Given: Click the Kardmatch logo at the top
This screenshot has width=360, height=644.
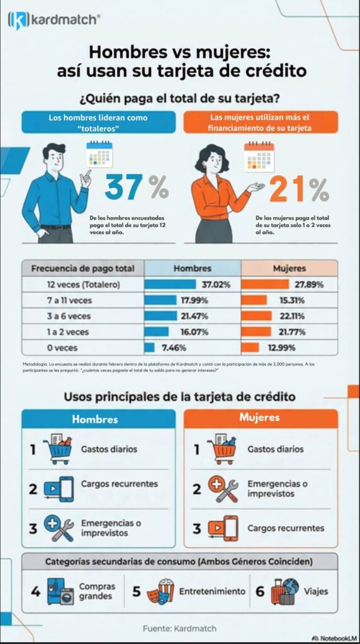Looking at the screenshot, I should tap(53, 19).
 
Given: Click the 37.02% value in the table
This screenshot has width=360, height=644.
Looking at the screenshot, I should tap(216, 284).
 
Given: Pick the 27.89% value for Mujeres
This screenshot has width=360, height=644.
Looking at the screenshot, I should tap(308, 284).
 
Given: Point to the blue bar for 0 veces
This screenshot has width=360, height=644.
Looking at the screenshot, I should tap(149, 347).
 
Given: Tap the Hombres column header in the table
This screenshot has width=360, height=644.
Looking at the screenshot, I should tap(193, 268).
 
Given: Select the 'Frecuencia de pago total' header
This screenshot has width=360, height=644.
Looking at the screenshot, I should tap(82, 269).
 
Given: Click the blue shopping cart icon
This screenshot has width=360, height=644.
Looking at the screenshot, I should tap(57, 450).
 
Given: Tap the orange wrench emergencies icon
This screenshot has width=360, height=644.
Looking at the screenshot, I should tap(224, 489).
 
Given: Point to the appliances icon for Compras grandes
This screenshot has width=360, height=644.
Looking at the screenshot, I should tap(60, 591).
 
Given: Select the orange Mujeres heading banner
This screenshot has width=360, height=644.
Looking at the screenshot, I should tap(260, 418).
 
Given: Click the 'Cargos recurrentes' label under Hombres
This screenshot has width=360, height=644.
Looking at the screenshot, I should tap(119, 484).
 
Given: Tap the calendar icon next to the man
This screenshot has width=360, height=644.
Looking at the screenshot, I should tap(99, 155).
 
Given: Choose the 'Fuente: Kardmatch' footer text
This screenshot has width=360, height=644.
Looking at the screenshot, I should tap(179, 628).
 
